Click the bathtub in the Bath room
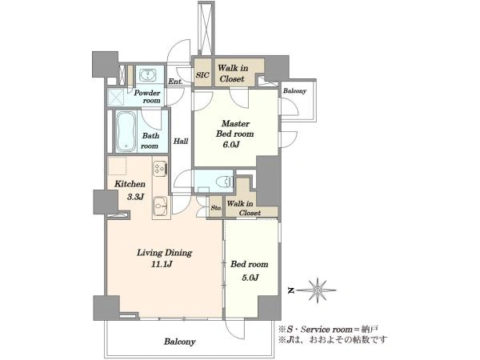tap(126, 131)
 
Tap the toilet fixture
tap(224, 182)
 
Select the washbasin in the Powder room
tap(148, 74)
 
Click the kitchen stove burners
tap(160, 168)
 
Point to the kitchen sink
tap(161, 204)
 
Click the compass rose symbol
tap(318, 290)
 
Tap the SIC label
tap(202, 75)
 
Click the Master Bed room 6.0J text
tap(234, 134)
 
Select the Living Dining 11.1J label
tap(164, 258)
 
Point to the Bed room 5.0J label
tap(250, 270)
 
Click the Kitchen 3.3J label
tap(130, 190)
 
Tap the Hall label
tap(181, 141)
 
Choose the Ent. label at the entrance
tap(175, 82)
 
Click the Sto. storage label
tap(217, 208)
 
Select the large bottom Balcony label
tap(180, 342)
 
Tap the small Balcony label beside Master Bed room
tap(294, 91)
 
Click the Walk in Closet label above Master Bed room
tap(233, 73)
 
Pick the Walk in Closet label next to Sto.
tap(244, 208)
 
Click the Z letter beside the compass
tap(291, 290)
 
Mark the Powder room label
tap(147, 97)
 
